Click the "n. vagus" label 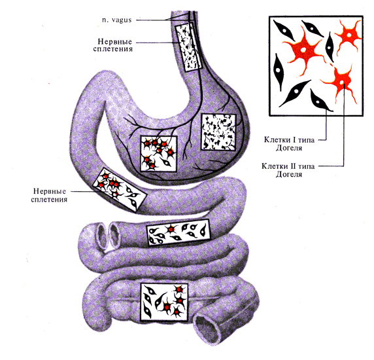coord(117,20)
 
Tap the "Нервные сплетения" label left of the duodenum coord(49,195)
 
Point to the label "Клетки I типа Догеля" coord(289,144)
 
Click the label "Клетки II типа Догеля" coord(288,170)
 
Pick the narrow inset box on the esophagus coord(189,46)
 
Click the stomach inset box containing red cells coord(159,154)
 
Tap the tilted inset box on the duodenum coord(120,190)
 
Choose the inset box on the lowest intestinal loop coord(164,302)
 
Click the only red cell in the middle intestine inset coord(171,229)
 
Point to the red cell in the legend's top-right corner coord(348,35)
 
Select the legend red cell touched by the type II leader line coord(341,82)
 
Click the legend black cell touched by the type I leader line coord(320,101)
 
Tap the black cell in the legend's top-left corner coord(284,31)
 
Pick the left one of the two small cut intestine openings coord(102,236)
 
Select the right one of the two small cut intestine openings coord(114,234)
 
